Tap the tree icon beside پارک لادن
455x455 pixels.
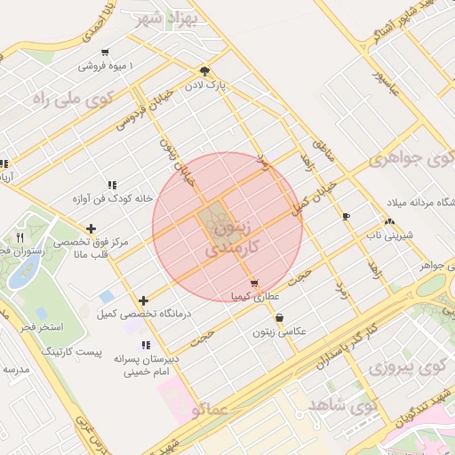coord(206,70)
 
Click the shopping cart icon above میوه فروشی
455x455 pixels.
coord(107,52)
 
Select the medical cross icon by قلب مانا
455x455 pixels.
coord(91,229)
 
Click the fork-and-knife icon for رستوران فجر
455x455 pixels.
coord(20,237)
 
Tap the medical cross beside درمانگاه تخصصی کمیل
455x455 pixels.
coord(143,300)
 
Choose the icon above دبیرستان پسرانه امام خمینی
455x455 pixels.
coord(145,345)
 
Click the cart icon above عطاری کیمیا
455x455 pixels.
coord(255,283)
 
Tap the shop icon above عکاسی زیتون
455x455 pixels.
coord(280,317)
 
